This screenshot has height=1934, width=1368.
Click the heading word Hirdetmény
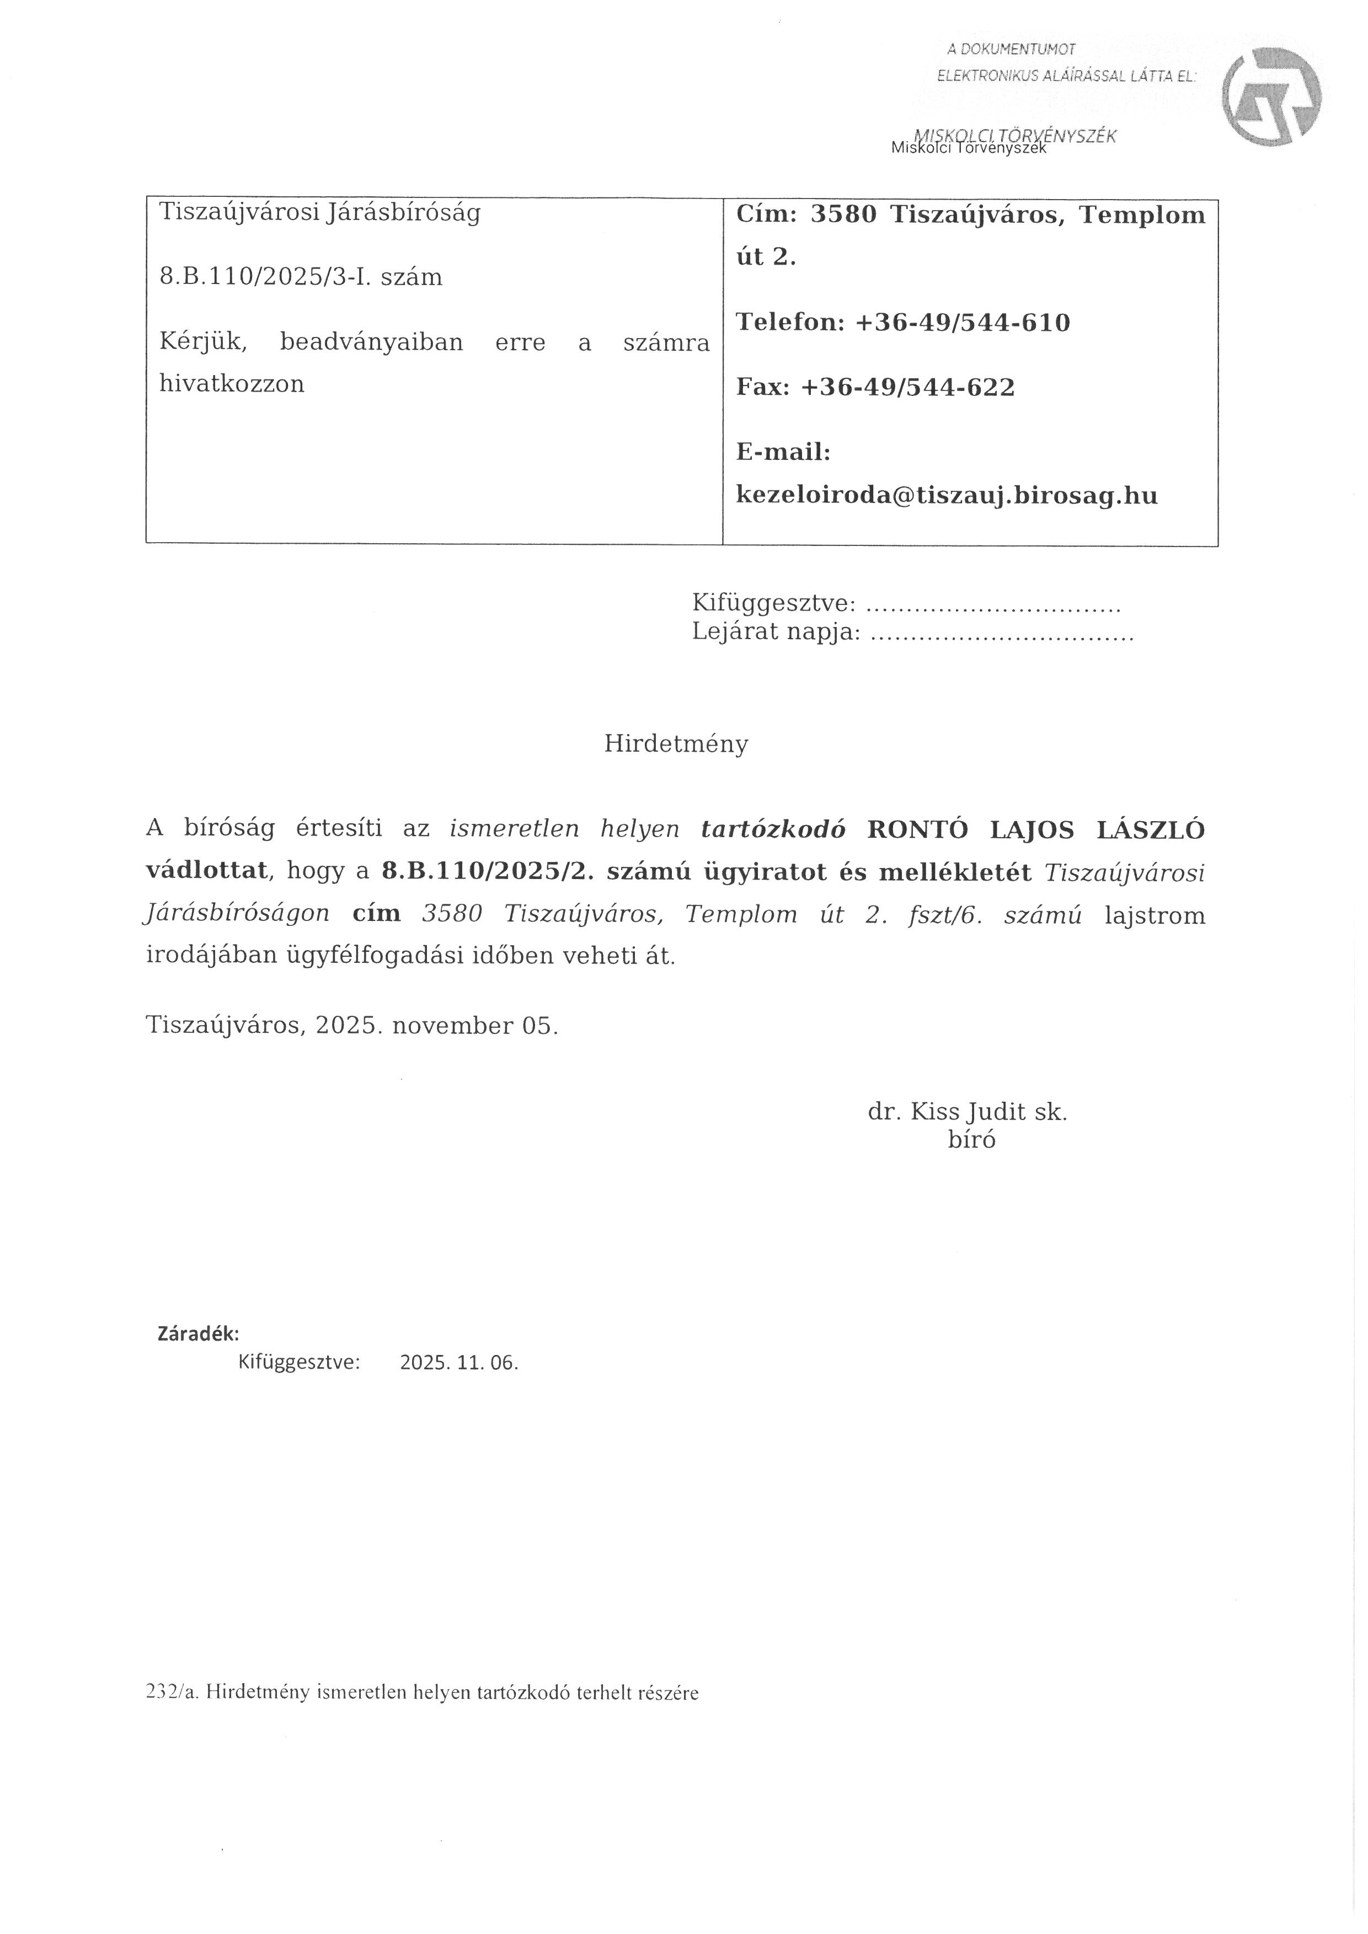(x=676, y=744)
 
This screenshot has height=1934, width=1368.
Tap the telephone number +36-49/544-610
(x=962, y=323)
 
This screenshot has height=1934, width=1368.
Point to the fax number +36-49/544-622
(x=907, y=388)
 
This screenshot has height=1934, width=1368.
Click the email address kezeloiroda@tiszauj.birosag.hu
(x=947, y=495)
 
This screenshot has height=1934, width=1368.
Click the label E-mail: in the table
(x=783, y=452)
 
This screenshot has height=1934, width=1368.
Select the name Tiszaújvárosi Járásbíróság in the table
(x=320, y=212)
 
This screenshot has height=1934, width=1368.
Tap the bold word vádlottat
(x=206, y=871)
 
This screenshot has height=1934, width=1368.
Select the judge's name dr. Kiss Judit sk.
(x=967, y=1112)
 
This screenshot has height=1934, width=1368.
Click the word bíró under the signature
(x=971, y=1140)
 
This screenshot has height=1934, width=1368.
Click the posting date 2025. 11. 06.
(x=459, y=1363)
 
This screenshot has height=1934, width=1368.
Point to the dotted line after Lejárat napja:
(x=1002, y=633)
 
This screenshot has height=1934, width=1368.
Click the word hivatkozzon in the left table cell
(x=232, y=384)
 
